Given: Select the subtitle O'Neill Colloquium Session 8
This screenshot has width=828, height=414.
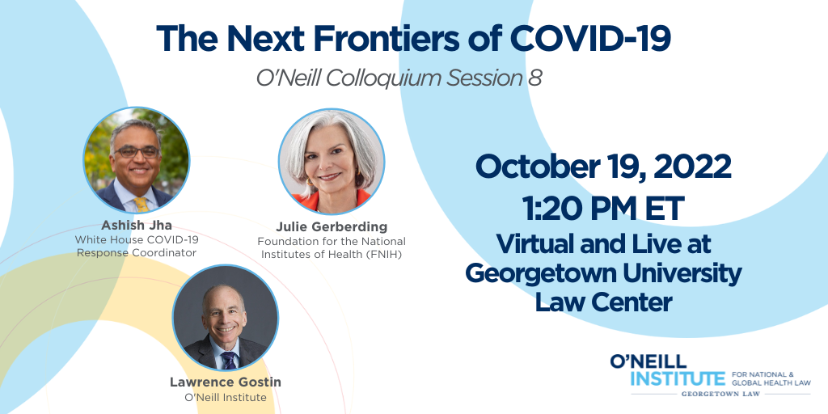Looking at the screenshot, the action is tap(399, 78).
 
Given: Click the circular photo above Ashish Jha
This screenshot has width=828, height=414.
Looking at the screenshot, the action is tap(136, 160).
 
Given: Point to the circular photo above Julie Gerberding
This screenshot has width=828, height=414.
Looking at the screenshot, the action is tap(331, 162).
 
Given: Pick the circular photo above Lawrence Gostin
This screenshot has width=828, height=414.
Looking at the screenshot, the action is tap(226, 317).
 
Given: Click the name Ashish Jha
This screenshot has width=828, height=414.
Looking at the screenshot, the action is tap(137, 226).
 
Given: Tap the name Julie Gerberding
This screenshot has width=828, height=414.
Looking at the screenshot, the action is tap(332, 227).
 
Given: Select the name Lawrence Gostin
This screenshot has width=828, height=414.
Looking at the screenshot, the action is tap(226, 382).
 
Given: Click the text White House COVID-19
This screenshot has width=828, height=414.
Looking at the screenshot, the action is tap(137, 239).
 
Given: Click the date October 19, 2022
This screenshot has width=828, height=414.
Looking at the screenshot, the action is tap(603, 167).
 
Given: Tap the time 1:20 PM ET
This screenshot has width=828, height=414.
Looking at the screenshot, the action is tap(603, 208).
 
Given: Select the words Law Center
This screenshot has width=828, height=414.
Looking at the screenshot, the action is tap(603, 302).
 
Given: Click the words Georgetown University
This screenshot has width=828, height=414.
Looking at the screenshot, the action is tap(603, 273).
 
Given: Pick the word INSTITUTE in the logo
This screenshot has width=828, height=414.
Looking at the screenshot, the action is tap(678, 379).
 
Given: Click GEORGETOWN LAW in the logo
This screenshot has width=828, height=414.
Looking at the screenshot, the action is tap(720, 394).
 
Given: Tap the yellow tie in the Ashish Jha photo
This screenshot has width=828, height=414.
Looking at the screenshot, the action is tap(141, 205).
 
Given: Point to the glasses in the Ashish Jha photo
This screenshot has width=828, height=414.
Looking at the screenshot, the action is tap(137, 152).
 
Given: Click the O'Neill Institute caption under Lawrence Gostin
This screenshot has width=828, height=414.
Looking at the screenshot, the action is tap(226, 397).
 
